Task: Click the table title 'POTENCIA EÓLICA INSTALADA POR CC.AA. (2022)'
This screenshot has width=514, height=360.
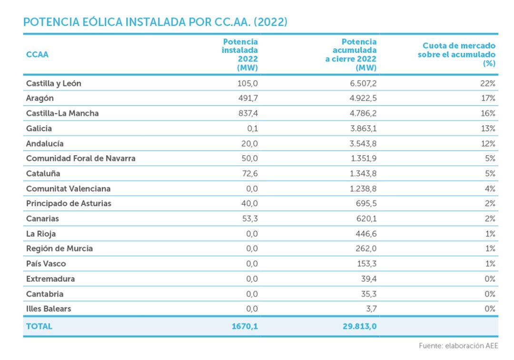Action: click(155, 22)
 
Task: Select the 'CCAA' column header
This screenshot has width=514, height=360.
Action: click(37, 54)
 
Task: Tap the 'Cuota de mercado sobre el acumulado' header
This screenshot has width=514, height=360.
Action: click(456, 54)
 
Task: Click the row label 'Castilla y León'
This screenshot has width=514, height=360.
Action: click(54, 83)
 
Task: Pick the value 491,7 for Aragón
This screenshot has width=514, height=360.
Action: click(248, 98)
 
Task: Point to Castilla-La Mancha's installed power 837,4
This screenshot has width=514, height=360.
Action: click(248, 113)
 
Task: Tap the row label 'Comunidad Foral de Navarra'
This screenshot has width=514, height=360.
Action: click(80, 159)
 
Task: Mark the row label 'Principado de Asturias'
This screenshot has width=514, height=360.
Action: click(69, 203)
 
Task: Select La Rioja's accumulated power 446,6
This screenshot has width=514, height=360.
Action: click(365, 234)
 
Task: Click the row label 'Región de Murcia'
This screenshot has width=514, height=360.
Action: click(59, 249)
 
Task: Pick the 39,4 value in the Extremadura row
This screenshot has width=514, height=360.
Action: click(368, 279)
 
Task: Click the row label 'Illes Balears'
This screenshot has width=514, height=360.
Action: click(49, 309)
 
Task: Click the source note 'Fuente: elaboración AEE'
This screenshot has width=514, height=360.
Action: click(458, 346)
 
